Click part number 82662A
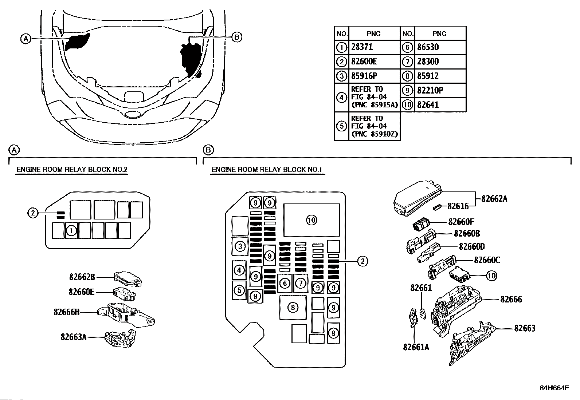[494, 199]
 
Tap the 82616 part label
[458, 206]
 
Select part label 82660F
[461, 222]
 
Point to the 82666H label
[67, 312]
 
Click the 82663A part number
[74, 337]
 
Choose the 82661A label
[416, 347]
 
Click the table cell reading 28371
[375, 47]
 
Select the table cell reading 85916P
[375, 76]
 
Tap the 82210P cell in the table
[440, 90]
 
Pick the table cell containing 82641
[440, 105]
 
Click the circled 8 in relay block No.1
[293, 308]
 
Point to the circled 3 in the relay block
[240, 246]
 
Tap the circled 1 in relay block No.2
[71, 230]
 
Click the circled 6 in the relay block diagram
[285, 283]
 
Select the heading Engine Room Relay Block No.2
[72, 170]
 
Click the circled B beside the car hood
[237, 37]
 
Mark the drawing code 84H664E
[554, 388]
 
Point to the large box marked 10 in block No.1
[311, 220]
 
